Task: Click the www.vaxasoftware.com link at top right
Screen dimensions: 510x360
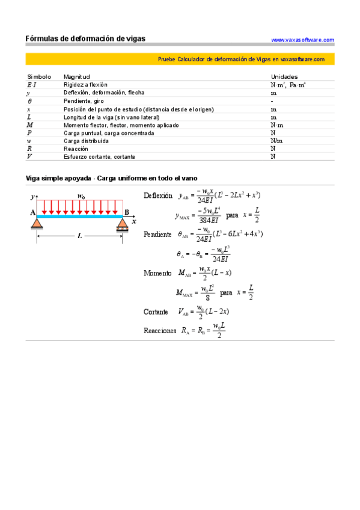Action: pos(302,40)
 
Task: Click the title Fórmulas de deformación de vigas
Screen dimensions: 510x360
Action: pos(85,38)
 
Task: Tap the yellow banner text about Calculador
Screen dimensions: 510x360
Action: pos(241,60)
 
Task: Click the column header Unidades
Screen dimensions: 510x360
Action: pos(284,77)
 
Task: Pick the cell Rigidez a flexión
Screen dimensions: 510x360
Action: pos(85,85)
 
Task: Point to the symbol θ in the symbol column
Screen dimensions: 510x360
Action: pos(30,101)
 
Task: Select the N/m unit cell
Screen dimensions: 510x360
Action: pos(276,141)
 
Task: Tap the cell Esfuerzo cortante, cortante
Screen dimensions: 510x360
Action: pos(99,156)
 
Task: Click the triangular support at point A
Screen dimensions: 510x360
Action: pos(37,224)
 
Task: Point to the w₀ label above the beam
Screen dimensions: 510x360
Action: pos(82,195)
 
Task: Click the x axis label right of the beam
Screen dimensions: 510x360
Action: pos(135,221)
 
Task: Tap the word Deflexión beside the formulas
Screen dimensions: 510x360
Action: pos(158,196)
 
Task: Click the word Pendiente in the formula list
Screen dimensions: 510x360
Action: pos(157,235)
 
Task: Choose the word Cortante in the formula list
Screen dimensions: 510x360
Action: pos(156,312)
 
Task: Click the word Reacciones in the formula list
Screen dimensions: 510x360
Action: pos(160,330)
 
